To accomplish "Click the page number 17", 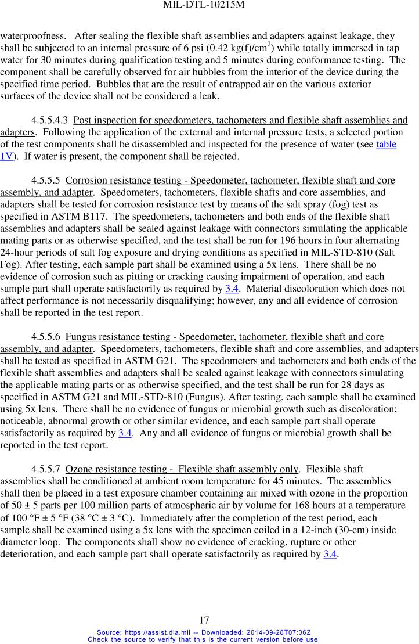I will (204, 620).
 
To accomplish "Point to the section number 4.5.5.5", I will (46, 180).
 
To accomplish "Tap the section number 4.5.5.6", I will (46, 337).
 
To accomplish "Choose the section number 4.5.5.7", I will (46, 469).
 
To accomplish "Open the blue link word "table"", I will (386, 144).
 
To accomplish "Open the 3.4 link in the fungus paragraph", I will (124, 433).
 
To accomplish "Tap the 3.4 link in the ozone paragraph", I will (330, 553).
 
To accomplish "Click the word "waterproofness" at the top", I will (32, 36).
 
